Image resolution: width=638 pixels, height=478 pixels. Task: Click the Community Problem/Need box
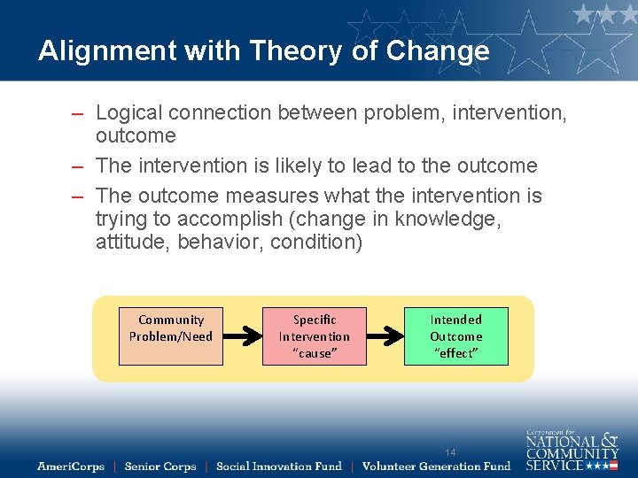171,335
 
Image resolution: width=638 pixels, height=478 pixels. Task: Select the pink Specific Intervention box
314,335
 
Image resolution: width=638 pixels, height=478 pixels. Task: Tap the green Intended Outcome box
456,335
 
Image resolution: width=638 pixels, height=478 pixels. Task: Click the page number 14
450,452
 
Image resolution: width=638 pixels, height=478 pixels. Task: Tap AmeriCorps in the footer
71,466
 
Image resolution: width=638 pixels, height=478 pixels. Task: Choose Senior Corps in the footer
160,466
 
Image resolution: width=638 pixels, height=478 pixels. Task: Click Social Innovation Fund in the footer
278,466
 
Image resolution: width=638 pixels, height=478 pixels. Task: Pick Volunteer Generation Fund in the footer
436,466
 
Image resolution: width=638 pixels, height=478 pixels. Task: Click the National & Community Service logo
572,450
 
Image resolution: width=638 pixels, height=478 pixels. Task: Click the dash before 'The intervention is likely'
79,166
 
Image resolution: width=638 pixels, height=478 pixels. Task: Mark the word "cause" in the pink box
314,353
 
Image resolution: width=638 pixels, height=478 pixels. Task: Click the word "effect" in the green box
456,353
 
